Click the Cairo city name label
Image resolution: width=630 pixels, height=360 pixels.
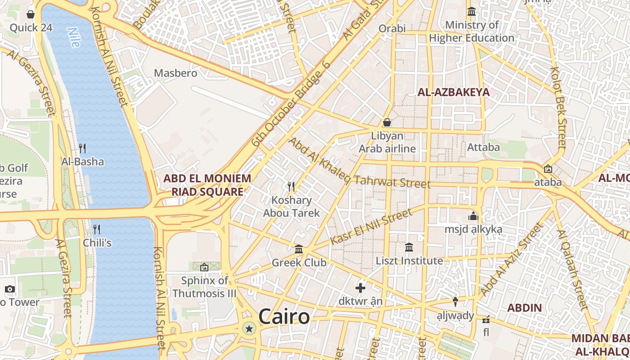pyautogui.click(x=284, y=316)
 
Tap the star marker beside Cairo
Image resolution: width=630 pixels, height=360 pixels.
pyautogui.click(x=249, y=329)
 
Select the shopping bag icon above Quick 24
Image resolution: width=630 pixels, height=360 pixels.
pyautogui.click(x=31, y=14)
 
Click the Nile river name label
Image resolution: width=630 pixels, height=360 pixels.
pyautogui.click(x=73, y=38)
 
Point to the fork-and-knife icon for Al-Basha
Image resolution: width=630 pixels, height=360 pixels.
pyautogui.click(x=82, y=148)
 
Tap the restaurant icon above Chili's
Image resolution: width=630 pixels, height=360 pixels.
pyautogui.click(x=97, y=229)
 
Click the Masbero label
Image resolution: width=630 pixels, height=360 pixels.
pyautogui.click(x=175, y=73)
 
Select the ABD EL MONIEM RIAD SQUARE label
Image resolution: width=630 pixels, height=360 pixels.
pyautogui.click(x=207, y=185)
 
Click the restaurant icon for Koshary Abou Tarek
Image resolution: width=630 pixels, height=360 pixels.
pyautogui.click(x=291, y=186)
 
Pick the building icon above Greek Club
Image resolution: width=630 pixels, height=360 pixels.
pyautogui.click(x=299, y=249)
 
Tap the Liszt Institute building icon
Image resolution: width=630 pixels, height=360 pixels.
pyautogui.click(x=409, y=247)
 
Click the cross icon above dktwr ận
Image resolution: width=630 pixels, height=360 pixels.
pyautogui.click(x=360, y=288)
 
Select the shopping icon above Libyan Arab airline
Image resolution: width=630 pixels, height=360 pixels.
pyautogui.click(x=387, y=122)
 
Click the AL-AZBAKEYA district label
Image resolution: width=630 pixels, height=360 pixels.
pyautogui.click(x=453, y=93)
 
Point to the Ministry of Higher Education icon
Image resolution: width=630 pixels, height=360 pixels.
pyautogui.click(x=472, y=11)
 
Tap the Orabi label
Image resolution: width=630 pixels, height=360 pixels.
pyautogui.click(x=392, y=29)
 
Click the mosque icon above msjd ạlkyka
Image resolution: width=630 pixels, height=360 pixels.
pyautogui.click(x=473, y=216)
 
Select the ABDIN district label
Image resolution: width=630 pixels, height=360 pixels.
pyautogui.click(x=524, y=308)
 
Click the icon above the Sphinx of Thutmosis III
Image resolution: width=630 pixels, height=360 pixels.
pyautogui.click(x=204, y=267)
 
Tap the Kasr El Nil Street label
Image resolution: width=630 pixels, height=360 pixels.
pyautogui.click(x=371, y=227)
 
